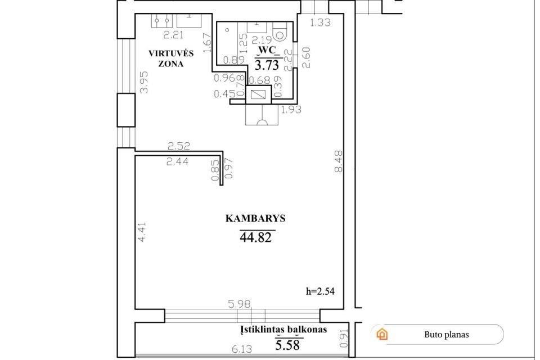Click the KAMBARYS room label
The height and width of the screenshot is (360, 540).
point(255,218)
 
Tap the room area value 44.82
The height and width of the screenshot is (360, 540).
point(255,237)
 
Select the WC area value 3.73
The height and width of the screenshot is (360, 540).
point(267,65)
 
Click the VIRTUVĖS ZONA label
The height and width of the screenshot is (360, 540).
point(171,58)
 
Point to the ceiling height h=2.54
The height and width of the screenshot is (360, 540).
point(320,291)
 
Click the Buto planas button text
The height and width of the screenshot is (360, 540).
point(447,335)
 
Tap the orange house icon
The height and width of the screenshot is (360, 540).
point(382,334)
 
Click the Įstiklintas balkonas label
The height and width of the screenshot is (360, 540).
point(283,330)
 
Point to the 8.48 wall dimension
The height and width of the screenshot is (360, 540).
point(339,161)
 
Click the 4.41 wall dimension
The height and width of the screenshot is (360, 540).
point(142,232)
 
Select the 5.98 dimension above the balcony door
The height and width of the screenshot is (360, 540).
point(240,304)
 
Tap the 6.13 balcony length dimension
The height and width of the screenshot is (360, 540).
point(242,349)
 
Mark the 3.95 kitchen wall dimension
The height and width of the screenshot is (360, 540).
point(144,82)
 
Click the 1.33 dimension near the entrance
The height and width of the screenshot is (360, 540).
point(320,22)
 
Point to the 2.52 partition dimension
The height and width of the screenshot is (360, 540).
point(179,146)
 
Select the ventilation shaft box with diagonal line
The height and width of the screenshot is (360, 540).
point(259,94)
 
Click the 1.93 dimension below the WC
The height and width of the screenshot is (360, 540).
point(291,110)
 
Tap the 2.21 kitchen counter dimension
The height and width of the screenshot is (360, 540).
point(173,35)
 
